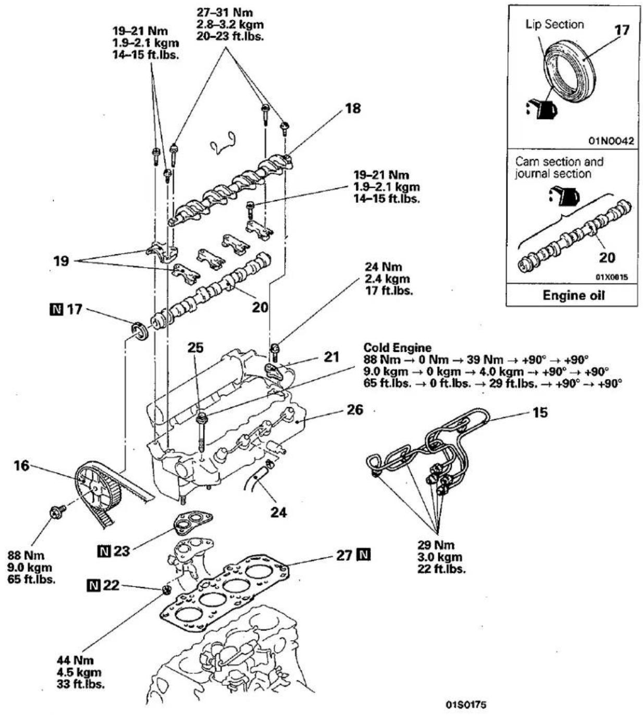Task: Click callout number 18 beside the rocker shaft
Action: point(353,108)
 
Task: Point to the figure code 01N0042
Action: point(611,141)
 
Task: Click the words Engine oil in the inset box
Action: point(574,295)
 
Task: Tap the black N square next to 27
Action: point(364,555)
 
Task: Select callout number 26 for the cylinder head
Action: point(354,409)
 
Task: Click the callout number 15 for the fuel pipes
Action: point(540,412)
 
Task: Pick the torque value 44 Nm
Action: point(75,660)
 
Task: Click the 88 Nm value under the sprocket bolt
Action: point(26,555)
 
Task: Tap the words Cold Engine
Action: point(397,347)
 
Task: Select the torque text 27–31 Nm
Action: point(225,12)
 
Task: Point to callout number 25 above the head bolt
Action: point(195,348)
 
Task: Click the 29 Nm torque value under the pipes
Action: point(436,545)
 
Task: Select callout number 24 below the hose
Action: point(279,512)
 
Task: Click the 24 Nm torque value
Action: point(383,267)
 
